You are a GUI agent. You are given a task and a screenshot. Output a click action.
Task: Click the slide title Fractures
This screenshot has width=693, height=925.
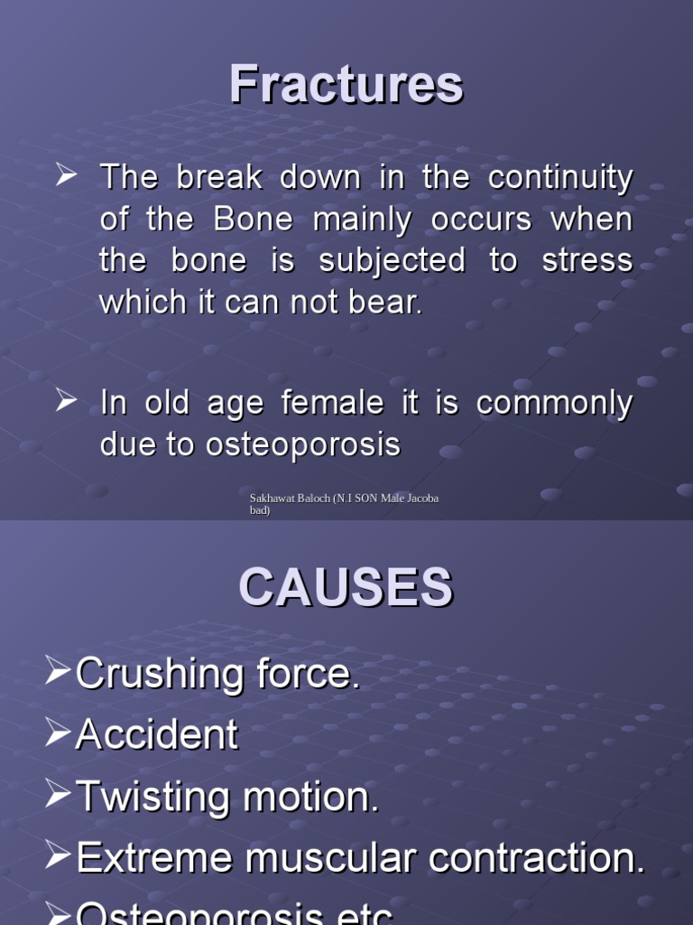click(346, 85)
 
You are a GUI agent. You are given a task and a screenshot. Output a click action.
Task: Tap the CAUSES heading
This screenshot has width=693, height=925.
click(346, 588)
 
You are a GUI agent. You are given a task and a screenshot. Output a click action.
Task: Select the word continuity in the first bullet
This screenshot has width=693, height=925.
click(560, 178)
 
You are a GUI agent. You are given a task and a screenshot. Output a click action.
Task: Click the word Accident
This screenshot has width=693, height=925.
click(157, 735)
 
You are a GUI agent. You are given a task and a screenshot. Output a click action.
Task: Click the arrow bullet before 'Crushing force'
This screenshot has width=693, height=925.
click(57, 672)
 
